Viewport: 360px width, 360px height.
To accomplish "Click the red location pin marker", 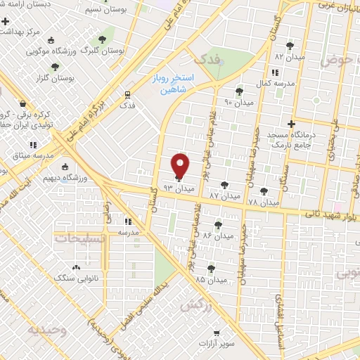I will [181, 165].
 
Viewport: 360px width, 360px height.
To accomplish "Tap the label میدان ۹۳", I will [177, 189].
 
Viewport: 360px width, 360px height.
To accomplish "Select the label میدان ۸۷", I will [225, 195].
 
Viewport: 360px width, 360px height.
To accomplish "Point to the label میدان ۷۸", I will [262, 201].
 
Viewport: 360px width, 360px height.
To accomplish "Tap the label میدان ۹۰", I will [238, 102].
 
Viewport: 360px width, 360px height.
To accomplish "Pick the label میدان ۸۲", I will [288, 55].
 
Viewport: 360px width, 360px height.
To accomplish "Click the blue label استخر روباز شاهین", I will [174, 84].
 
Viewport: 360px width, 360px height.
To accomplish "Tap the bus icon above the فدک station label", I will [127, 94].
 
